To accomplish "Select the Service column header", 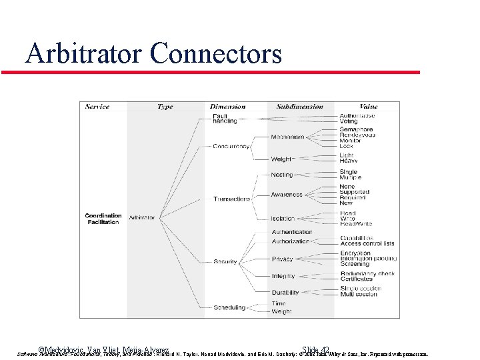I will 97,107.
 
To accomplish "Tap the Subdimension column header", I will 299,107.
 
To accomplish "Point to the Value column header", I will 368,107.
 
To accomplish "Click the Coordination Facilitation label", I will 103,219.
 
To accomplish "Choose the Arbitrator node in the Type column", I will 141,218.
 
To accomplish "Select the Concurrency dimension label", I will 231,147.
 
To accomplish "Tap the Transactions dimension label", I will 231,199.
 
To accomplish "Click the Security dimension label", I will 225,262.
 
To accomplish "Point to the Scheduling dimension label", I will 229,308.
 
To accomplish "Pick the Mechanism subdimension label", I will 287,137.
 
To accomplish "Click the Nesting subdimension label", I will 282,175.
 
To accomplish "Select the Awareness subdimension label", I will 287,195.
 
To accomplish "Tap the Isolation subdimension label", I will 283,219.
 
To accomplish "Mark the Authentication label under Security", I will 292,232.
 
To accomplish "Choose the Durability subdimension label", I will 285,293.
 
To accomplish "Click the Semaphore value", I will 356,129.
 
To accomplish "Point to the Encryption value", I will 355,253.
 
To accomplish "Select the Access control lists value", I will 367,244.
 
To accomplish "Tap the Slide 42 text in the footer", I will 315,350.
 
